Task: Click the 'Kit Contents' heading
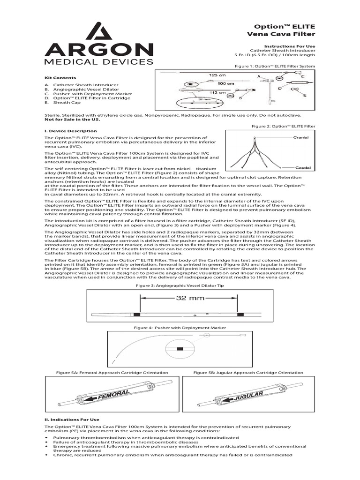[x=60, y=77]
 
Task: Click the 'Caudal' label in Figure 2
[x=300, y=167]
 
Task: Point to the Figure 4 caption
[x=180, y=328]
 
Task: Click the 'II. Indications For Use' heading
[x=72, y=419]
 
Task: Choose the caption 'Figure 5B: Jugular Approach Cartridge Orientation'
[x=248, y=373]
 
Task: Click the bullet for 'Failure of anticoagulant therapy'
[x=46, y=442]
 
